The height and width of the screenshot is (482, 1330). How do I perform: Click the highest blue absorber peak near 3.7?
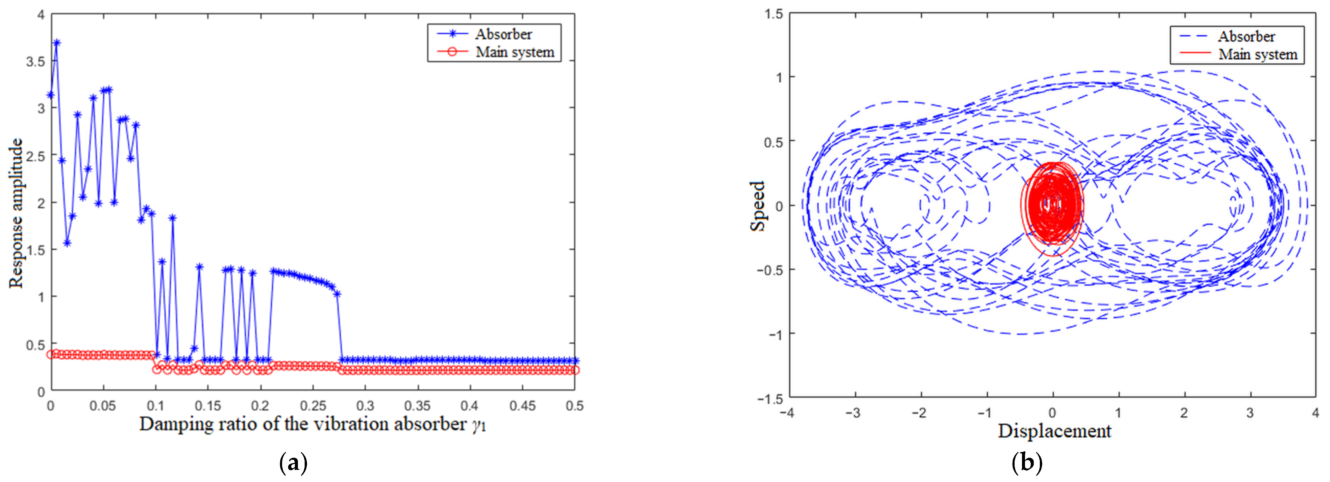click(57, 43)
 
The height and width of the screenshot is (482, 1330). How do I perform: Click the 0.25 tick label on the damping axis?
click(313, 406)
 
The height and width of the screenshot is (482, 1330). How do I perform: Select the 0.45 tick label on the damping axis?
click(522, 406)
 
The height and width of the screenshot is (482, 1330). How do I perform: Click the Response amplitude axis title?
click(16, 213)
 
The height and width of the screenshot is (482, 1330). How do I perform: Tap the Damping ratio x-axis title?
click(312, 424)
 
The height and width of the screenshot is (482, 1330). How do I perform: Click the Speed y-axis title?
click(757, 205)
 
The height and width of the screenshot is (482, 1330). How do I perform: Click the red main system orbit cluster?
click(1052, 207)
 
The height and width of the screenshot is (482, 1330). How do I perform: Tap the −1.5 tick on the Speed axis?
click(770, 398)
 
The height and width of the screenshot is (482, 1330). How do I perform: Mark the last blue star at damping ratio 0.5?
click(575, 361)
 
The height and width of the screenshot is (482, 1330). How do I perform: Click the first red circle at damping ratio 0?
click(50, 354)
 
